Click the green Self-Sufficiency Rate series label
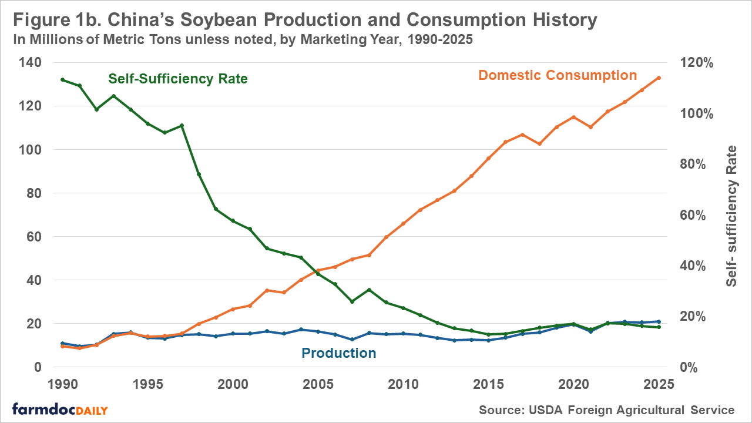pyautogui.click(x=178, y=79)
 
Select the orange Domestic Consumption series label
pyautogui.click(x=558, y=75)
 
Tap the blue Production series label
pyautogui.click(x=338, y=353)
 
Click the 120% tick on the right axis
pyautogui.click(x=697, y=63)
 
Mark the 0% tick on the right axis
pyautogui.click(x=692, y=367)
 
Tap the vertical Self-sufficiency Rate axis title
pyautogui.click(x=731, y=216)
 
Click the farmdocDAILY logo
pyautogui.click(x=59, y=409)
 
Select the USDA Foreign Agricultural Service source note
pyautogui.click(x=607, y=409)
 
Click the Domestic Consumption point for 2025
pyautogui.click(x=659, y=78)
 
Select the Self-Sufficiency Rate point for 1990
pyautogui.click(x=62, y=79)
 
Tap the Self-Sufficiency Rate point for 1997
pyautogui.click(x=182, y=125)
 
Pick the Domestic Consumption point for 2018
pyautogui.click(x=539, y=143)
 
